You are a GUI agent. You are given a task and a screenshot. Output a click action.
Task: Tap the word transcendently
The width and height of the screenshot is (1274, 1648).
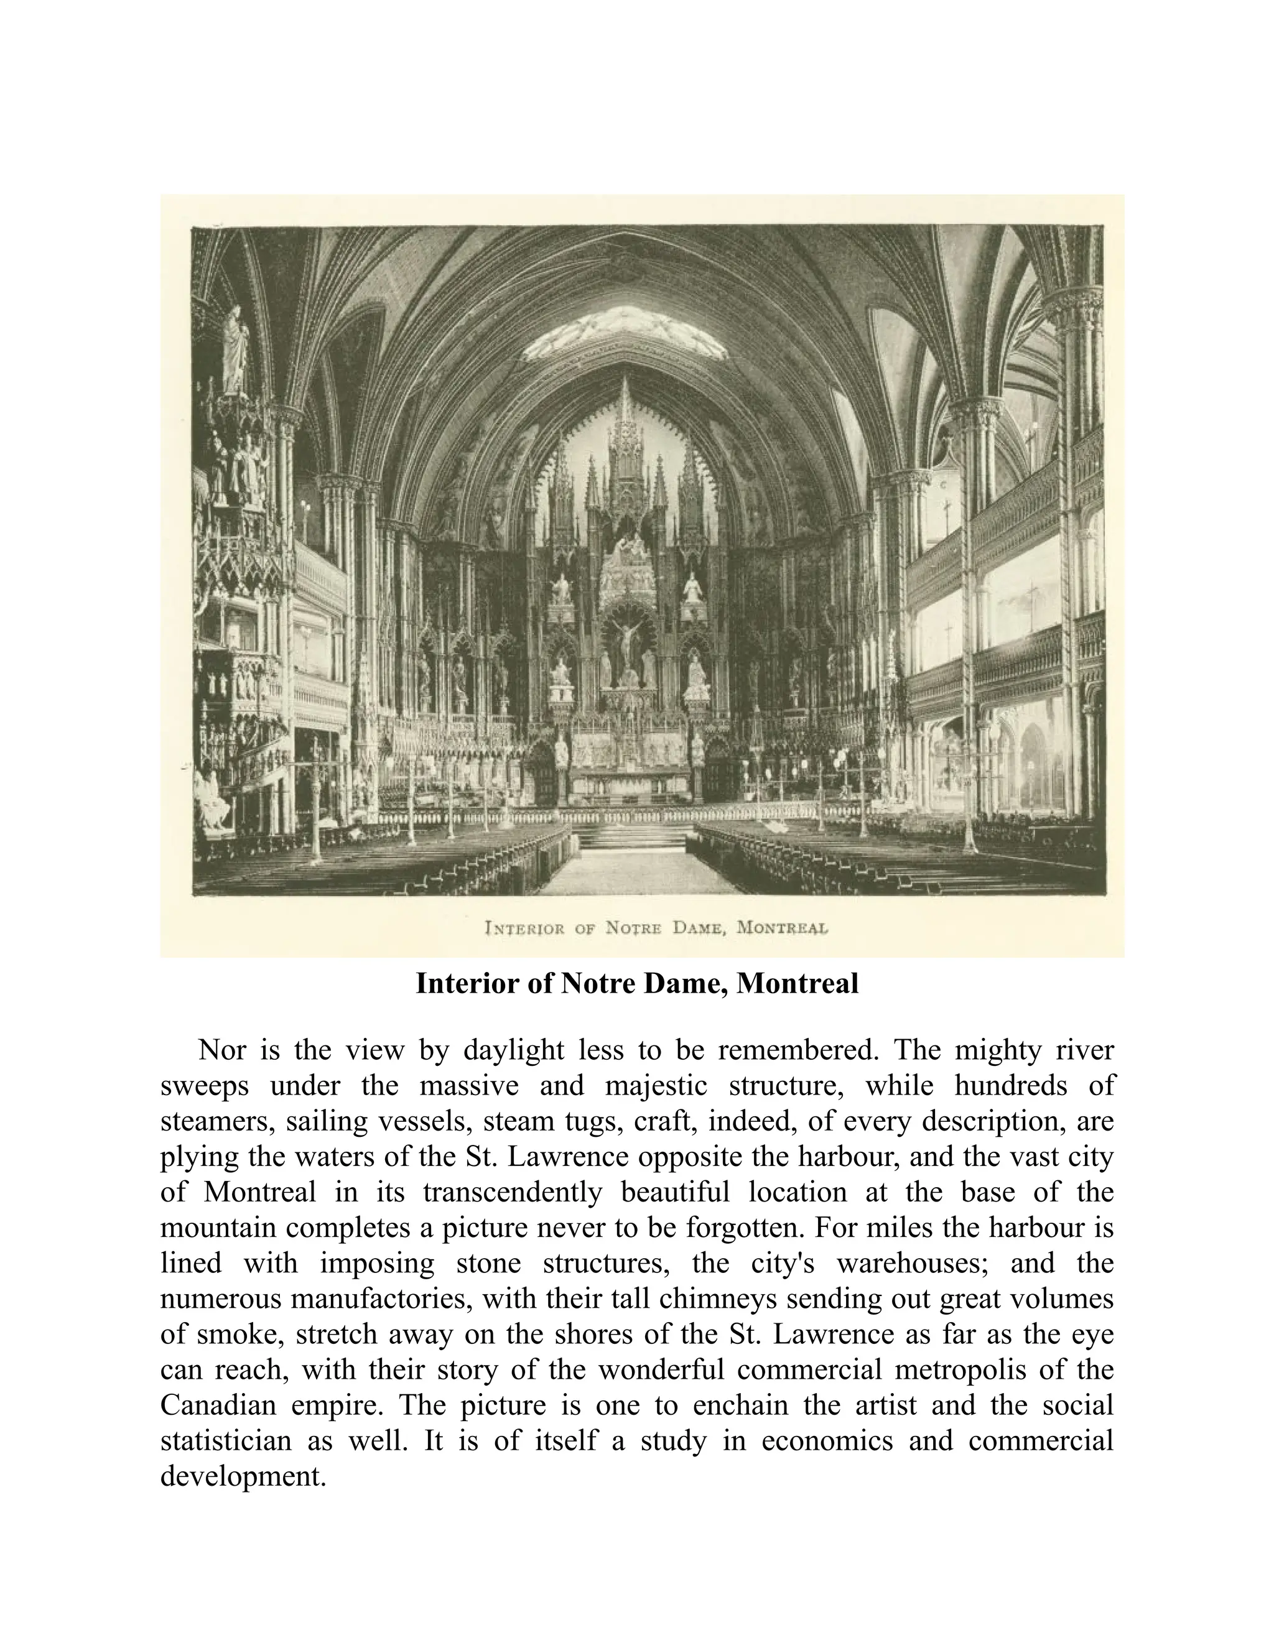pos(513,1192)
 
